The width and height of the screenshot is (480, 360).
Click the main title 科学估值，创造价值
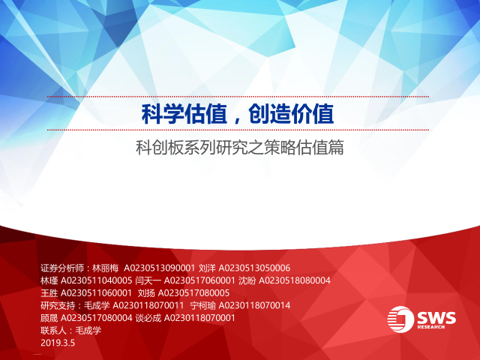[238, 114]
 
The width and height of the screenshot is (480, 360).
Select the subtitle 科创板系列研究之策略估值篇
[240, 147]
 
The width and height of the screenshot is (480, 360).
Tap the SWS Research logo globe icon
[400, 319]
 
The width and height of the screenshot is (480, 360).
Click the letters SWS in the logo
[436, 317]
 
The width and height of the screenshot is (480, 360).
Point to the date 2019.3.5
[58, 343]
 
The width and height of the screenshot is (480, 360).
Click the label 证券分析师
[62, 268]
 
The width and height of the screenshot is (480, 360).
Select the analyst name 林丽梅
[105, 268]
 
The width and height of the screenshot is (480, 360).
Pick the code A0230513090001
[159, 268]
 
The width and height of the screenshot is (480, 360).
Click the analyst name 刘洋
[207, 268]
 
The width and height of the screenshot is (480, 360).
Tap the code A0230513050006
[254, 268]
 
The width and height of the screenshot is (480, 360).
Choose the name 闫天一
[148, 280]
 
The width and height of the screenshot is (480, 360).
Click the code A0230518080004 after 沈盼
[295, 280]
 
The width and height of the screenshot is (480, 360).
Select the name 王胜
[49, 293]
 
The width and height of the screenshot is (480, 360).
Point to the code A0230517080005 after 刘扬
[193, 293]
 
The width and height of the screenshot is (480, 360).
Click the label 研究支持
[58, 305]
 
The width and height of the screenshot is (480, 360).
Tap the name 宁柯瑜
[202, 305]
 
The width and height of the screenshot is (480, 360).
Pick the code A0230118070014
[254, 305]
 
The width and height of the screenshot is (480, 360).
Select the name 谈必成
[148, 318]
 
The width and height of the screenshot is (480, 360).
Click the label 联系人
[53, 331]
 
